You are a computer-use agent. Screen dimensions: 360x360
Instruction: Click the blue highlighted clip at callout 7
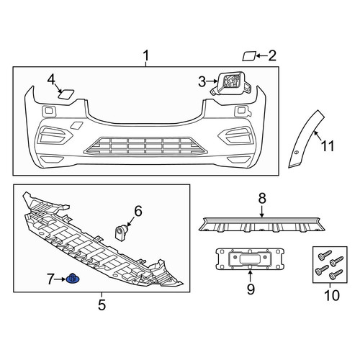pyautogui.click(x=73, y=279)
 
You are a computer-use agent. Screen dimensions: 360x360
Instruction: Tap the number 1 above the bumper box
pyautogui.click(x=146, y=55)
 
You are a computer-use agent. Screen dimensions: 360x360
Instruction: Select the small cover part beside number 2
pyautogui.click(x=249, y=56)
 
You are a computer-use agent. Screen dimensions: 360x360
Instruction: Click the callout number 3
pyautogui.click(x=202, y=82)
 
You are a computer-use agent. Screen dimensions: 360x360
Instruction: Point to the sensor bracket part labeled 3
pyautogui.click(x=231, y=84)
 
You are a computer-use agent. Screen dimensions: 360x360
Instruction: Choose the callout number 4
pyautogui.click(x=51, y=80)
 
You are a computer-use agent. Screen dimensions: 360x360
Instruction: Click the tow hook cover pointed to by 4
pyautogui.click(x=66, y=94)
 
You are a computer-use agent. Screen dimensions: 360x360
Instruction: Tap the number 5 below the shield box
pyautogui.click(x=102, y=305)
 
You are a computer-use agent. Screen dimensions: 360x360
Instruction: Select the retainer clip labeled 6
pyautogui.click(x=122, y=232)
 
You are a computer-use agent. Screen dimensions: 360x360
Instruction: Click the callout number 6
pyautogui.click(x=138, y=211)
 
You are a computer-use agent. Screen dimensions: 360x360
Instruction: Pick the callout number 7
pyautogui.click(x=50, y=279)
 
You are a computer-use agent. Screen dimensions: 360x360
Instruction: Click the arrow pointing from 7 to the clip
pyautogui.click(x=60, y=279)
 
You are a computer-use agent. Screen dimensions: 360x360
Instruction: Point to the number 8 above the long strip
pyautogui.click(x=262, y=199)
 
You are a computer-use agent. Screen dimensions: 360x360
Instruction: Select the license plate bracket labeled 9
pyautogui.click(x=250, y=259)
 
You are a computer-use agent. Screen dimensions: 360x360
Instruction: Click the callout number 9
pyautogui.click(x=251, y=289)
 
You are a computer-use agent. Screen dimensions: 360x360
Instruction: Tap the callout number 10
pyautogui.click(x=332, y=295)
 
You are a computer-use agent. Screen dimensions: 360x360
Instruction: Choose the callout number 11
pyautogui.click(x=328, y=146)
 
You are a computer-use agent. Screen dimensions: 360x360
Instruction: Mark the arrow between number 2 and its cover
pyautogui.click(x=262, y=56)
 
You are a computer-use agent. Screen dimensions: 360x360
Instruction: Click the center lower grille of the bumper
pyautogui.click(x=145, y=145)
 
